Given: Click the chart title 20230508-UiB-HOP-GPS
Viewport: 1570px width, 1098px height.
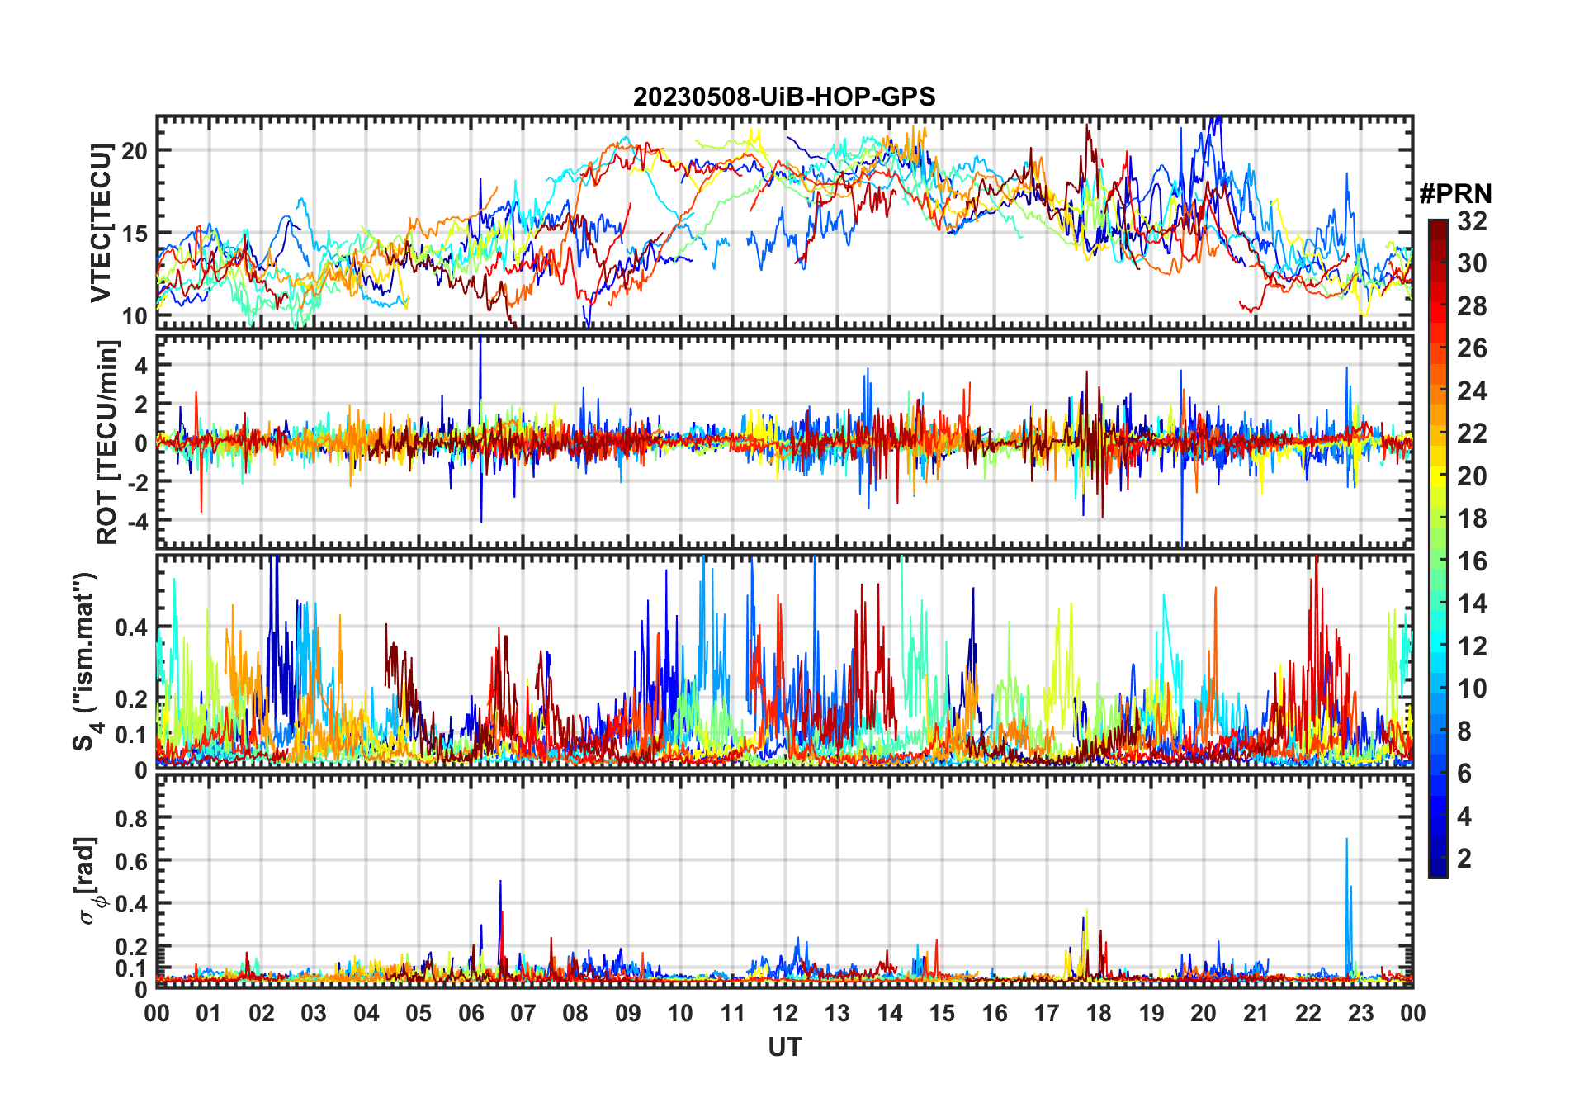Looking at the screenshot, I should point(784,97).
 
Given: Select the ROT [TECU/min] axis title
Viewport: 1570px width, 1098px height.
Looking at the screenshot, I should point(107,442).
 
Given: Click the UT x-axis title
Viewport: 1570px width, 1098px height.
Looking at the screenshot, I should point(784,1048).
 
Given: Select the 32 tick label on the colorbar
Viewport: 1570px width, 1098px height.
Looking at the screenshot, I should point(1472,221).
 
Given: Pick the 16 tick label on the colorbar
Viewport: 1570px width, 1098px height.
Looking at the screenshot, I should point(1472,561).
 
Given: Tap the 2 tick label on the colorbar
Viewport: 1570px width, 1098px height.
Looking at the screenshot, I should point(1464,859).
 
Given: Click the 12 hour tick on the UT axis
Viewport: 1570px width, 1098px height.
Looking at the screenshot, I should point(785,1014).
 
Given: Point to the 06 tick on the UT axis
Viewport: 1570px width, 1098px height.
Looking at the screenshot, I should point(471,1014).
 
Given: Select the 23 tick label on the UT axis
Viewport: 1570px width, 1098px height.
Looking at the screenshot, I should point(1360,1014).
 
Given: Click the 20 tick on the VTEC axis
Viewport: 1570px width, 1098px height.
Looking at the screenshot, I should point(135,151).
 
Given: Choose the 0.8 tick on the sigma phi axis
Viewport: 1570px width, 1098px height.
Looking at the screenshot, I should point(131,818).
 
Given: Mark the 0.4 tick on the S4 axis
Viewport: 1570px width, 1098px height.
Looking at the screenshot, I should point(131,628).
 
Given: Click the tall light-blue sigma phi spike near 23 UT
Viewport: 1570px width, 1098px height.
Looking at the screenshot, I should point(1347,842).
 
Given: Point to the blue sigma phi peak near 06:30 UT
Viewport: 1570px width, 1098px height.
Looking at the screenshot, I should point(500,883).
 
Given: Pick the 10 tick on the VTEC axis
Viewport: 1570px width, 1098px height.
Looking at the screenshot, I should point(135,316).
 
